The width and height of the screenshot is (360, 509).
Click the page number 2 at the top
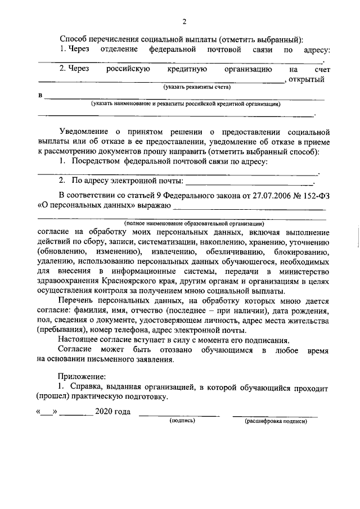(183, 22)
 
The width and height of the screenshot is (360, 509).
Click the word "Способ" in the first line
(74, 39)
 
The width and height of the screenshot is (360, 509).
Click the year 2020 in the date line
(105, 412)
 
